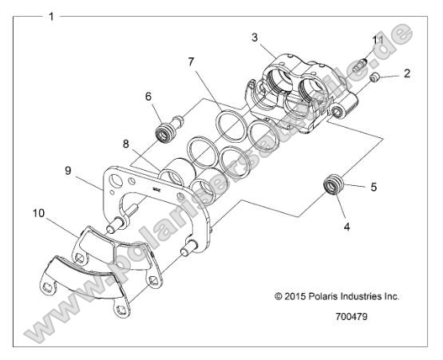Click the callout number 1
click(52, 16)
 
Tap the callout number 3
click(255, 38)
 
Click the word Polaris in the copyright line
click(323, 296)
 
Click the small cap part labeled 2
click(374, 77)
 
